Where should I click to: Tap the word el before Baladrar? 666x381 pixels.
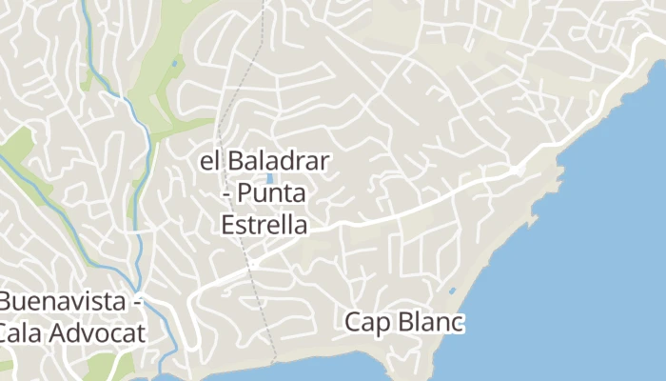coord(209,161)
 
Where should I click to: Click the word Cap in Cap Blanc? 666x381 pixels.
coord(367,323)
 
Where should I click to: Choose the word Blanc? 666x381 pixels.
coord(428,323)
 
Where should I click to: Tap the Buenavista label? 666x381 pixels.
coord(65,302)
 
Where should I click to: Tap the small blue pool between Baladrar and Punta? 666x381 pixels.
coord(271,178)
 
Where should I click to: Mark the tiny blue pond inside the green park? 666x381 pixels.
coord(174,64)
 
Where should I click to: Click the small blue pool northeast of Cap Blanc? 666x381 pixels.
coord(452,291)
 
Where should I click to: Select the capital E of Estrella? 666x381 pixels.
coord(226,226)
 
